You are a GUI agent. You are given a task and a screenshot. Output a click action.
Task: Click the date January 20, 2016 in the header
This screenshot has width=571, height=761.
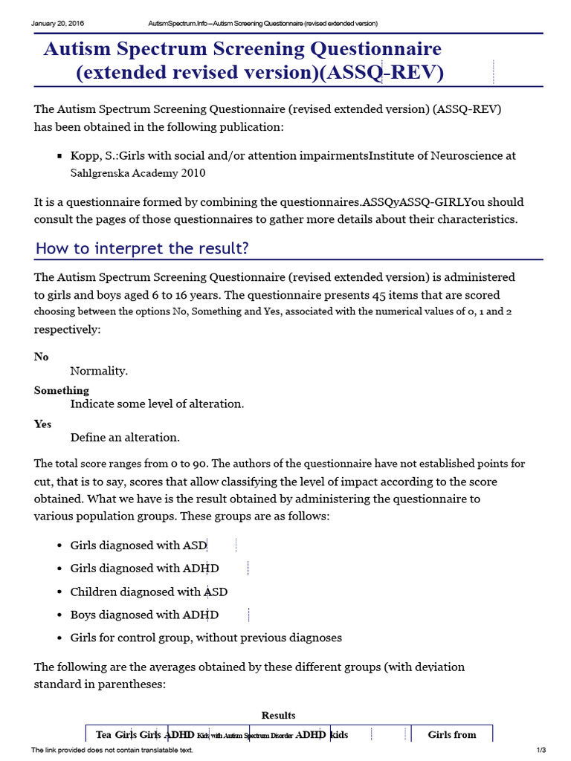(58, 23)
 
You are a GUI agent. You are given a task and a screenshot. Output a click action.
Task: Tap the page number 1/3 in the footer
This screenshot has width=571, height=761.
(541, 750)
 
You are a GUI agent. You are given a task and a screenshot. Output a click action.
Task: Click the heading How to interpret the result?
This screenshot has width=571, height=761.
(142, 248)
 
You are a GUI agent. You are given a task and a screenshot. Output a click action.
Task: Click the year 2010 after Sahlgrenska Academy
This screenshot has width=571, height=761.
(191, 173)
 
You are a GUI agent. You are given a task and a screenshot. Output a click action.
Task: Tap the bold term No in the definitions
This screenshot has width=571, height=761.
(42, 357)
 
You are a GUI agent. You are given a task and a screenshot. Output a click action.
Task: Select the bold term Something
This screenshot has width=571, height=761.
(62, 390)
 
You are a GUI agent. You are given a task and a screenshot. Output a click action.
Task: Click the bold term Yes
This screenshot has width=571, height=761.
(43, 424)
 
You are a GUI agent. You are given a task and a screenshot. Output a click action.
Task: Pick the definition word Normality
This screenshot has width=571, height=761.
(99, 370)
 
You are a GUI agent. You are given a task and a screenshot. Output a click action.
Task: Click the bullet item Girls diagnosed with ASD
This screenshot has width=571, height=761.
(139, 545)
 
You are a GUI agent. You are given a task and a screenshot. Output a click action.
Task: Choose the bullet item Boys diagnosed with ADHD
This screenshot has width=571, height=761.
(144, 615)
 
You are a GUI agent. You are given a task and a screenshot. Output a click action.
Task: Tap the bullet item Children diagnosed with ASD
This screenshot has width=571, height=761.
(149, 592)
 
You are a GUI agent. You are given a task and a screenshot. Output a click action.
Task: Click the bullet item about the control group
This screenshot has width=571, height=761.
(206, 638)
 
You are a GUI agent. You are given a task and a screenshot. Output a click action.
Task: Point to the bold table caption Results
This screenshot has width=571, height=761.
(278, 715)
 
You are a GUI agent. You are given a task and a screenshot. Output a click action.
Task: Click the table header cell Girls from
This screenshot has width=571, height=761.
(452, 734)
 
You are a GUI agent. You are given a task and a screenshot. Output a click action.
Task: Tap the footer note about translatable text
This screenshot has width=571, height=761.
(112, 750)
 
